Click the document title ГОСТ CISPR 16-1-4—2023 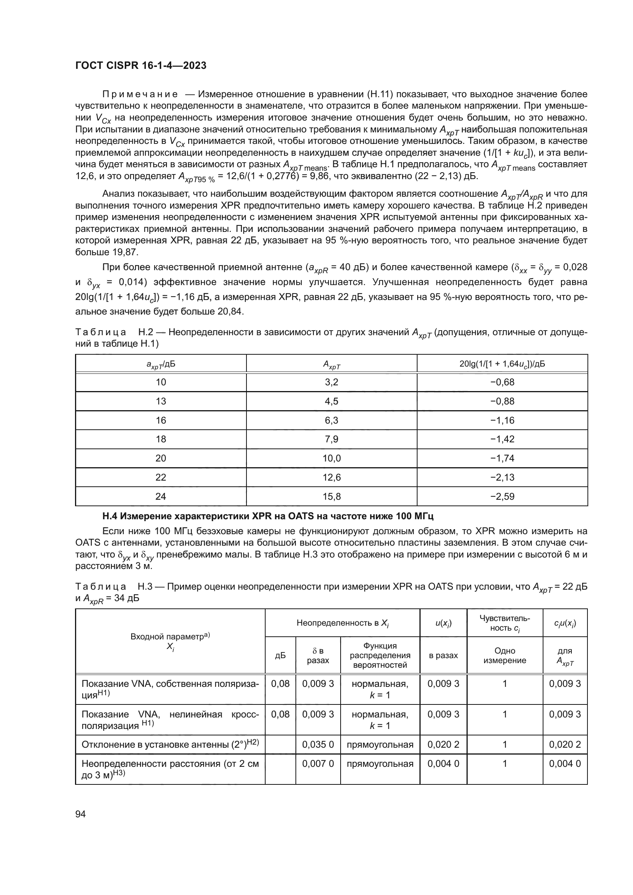141,66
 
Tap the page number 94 81,814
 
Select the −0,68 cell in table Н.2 502,382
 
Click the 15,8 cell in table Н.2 331,497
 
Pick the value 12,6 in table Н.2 331,478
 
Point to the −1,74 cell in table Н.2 502,458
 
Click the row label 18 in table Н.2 161,439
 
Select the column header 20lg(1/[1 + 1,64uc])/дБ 502,364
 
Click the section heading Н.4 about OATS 268,517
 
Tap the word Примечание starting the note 140,95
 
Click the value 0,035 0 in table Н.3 318,745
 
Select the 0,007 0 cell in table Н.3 318,764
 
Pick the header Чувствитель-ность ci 504,623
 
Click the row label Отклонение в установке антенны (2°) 170,745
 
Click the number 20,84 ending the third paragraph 230,311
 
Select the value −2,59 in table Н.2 502,497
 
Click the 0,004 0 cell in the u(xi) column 443,764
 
